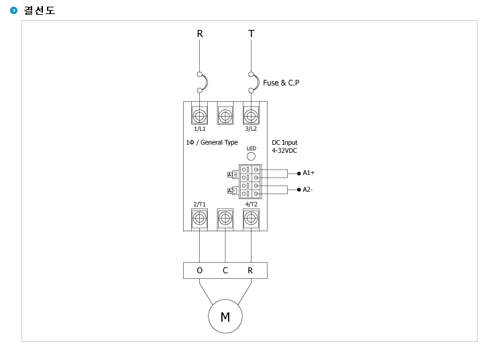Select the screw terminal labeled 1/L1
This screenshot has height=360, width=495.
(x=199, y=116)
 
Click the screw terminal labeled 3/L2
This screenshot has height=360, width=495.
(x=251, y=116)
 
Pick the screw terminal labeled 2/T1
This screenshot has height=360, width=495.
(x=199, y=218)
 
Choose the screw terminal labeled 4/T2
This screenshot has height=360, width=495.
(x=251, y=218)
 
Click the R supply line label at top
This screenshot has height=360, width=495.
(x=200, y=34)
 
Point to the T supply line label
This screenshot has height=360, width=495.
(x=252, y=34)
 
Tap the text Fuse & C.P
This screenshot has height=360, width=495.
(x=281, y=83)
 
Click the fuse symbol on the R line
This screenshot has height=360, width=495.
(x=207, y=82)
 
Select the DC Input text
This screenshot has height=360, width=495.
(x=284, y=143)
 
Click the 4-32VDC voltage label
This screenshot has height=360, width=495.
(x=284, y=151)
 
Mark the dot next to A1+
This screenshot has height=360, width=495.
(x=298, y=174)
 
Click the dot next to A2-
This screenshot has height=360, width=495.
(x=298, y=190)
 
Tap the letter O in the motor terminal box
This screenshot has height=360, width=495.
(x=199, y=270)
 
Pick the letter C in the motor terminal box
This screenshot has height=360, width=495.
(x=225, y=270)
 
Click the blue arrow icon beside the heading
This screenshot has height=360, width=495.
(x=14, y=11)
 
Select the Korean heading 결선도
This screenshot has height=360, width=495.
(x=40, y=11)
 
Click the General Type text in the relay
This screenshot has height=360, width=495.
(x=219, y=143)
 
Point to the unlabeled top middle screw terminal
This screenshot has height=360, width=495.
(x=225, y=116)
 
